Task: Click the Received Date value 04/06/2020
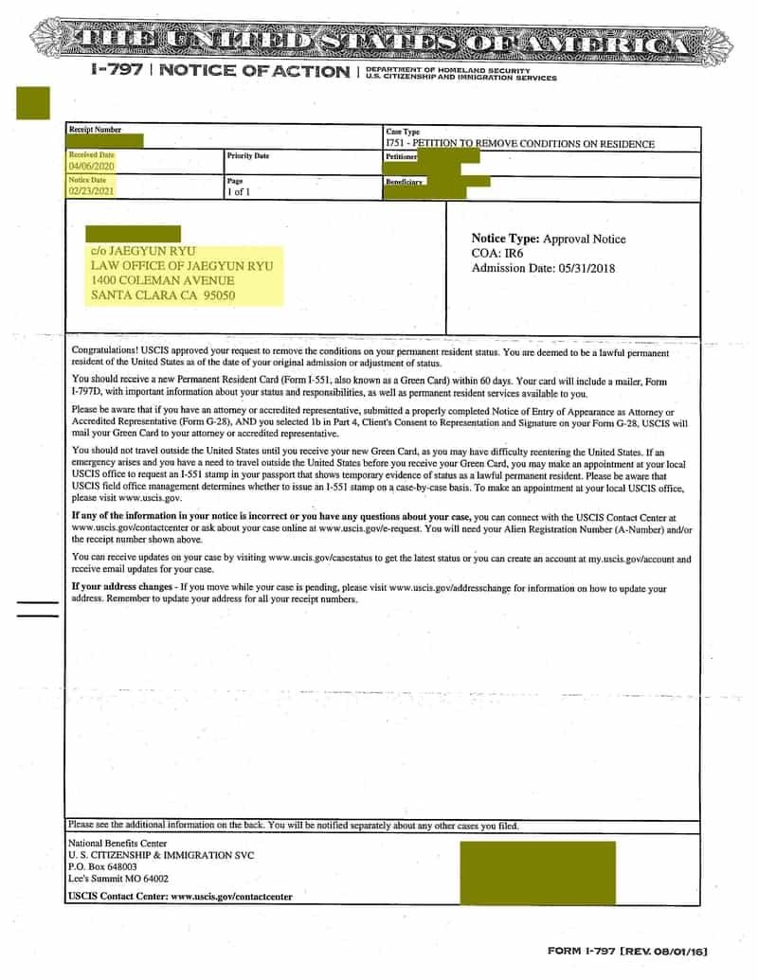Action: [x=91, y=167]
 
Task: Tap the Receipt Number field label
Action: [x=95, y=131]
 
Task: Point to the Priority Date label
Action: [x=247, y=155]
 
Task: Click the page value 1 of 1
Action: [x=238, y=192]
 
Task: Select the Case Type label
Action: [x=403, y=132]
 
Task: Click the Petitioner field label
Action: [x=401, y=156]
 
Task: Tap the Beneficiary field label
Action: [x=404, y=181]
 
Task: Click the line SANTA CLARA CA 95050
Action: [x=163, y=295]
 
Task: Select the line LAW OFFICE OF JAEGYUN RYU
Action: [x=181, y=266]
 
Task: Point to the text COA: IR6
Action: [x=497, y=254]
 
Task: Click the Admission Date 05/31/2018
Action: [x=543, y=269]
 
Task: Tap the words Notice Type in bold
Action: [x=505, y=239]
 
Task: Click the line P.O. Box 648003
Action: [x=102, y=866]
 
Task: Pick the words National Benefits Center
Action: [x=117, y=843]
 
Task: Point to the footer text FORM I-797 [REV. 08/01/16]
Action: [x=627, y=950]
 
